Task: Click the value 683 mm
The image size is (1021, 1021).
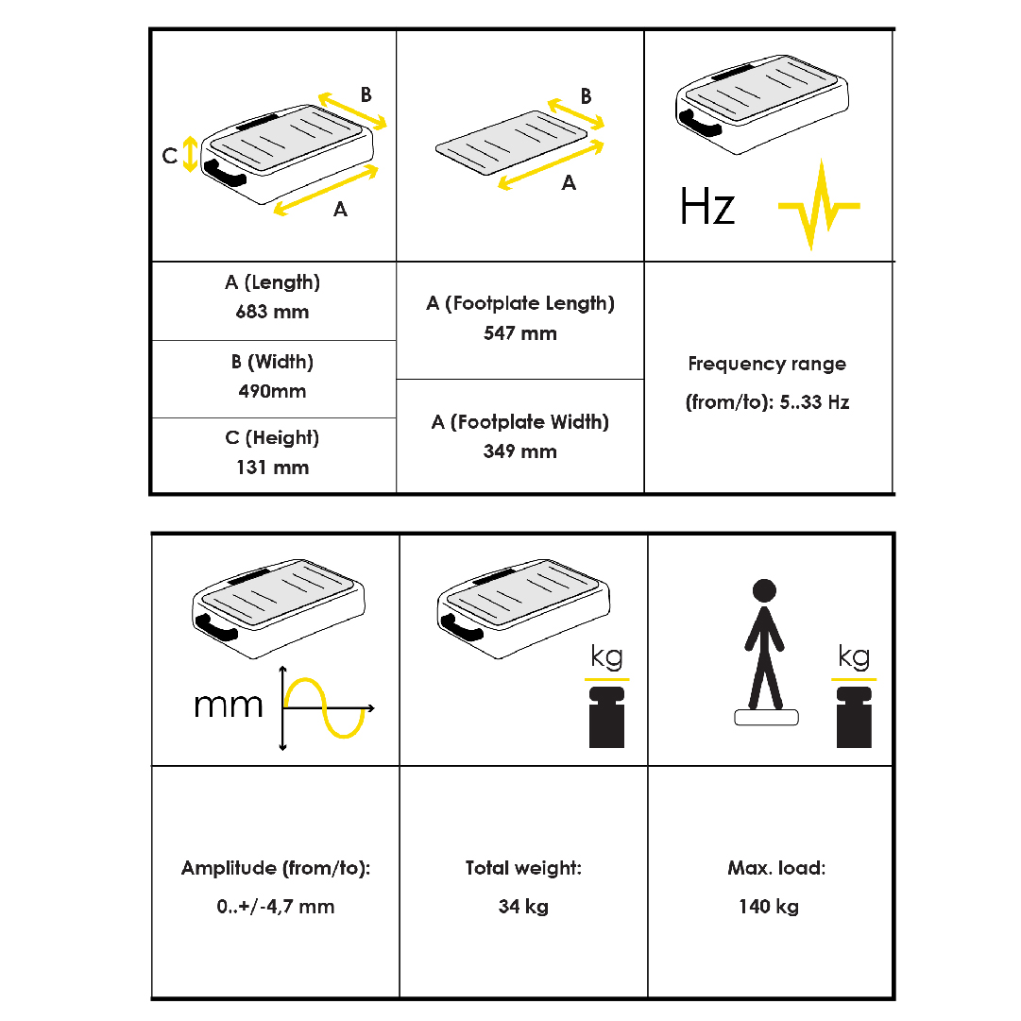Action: [x=272, y=312]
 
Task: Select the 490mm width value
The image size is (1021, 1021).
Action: [x=272, y=391]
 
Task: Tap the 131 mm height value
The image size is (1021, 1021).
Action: [x=272, y=468]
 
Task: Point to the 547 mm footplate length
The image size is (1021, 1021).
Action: [x=520, y=333]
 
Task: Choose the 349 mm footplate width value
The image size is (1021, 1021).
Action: [x=520, y=451]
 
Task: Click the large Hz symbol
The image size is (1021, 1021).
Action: [x=707, y=207]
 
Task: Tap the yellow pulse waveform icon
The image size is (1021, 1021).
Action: [x=819, y=204]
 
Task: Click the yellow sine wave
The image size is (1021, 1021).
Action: [x=324, y=707]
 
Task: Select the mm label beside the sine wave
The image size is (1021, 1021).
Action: [x=228, y=706]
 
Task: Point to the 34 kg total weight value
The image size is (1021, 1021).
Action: [x=523, y=907]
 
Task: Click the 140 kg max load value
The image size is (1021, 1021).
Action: [x=769, y=907]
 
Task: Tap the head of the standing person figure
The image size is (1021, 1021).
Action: [x=764, y=590]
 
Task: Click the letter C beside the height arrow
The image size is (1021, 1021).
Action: [x=170, y=156]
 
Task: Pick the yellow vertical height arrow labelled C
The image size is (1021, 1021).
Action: [x=190, y=154]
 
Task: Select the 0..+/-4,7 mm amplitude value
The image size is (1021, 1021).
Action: [x=276, y=907]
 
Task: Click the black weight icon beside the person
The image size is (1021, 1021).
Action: [x=855, y=717]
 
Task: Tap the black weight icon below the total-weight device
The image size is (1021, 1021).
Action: [x=607, y=717]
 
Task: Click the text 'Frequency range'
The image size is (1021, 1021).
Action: [x=767, y=364]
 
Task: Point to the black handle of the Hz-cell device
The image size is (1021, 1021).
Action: [x=699, y=123]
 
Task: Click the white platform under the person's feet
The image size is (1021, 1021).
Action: [x=766, y=717]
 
